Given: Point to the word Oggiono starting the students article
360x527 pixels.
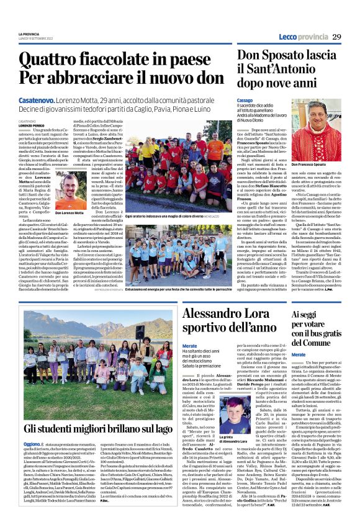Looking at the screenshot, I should (32, 444).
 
